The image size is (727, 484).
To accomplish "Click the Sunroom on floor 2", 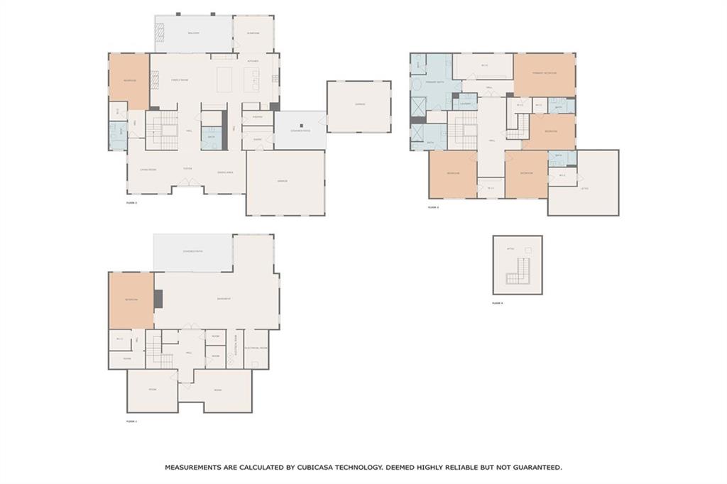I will [x=253, y=33].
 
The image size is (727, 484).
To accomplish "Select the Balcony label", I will [x=193, y=33].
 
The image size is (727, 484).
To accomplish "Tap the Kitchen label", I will [x=253, y=61].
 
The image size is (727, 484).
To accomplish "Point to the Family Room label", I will [x=180, y=80].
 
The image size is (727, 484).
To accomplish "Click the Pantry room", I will [x=258, y=116].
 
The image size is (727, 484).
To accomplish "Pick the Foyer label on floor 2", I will [x=187, y=169].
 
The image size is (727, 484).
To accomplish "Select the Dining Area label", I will [x=225, y=172].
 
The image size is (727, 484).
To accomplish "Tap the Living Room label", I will [x=148, y=170].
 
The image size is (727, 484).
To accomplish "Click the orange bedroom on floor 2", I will [x=129, y=81].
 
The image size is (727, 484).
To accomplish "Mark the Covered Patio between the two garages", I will [x=300, y=131].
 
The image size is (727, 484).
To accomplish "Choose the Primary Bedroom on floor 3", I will [x=545, y=74].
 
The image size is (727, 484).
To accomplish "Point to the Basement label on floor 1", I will [x=224, y=299].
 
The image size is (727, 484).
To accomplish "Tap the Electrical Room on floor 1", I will [x=256, y=348].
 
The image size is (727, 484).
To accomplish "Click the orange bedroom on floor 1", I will [x=131, y=300].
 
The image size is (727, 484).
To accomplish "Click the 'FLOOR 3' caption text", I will [x=433, y=207].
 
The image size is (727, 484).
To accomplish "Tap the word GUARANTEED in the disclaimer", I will [x=532, y=468].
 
